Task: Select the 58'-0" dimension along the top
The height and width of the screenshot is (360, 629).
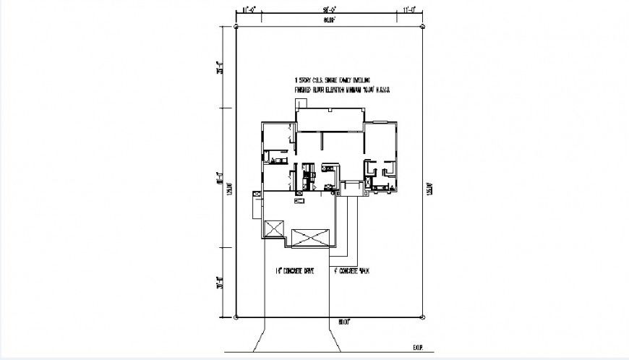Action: [x=331, y=10]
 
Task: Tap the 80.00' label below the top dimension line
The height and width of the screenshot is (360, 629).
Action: [x=330, y=20]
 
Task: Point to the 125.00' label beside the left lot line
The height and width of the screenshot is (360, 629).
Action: [x=228, y=189]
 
